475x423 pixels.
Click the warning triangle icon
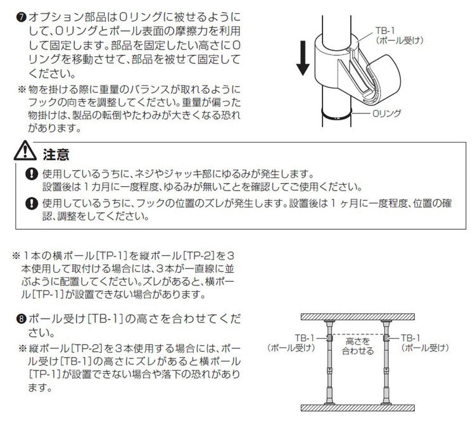click(x=27, y=153)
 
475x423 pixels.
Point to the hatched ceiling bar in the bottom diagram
click(x=358, y=315)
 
